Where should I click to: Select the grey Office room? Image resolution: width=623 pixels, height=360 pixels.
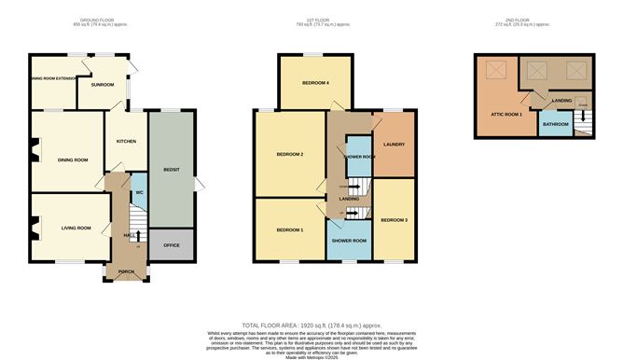point(171,244)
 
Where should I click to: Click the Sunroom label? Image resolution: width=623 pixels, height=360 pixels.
point(102,85)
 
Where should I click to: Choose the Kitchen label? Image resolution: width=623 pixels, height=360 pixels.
point(126,141)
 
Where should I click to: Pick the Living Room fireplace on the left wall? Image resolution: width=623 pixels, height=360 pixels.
point(33,224)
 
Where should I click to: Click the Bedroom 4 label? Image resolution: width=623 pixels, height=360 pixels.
point(315,84)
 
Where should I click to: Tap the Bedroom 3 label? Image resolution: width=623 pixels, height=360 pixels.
point(393,220)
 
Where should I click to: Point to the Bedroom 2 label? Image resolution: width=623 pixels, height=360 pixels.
point(289,154)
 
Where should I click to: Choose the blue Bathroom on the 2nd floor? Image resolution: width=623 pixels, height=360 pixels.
point(555,124)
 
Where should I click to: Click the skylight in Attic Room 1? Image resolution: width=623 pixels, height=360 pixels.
point(493,69)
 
